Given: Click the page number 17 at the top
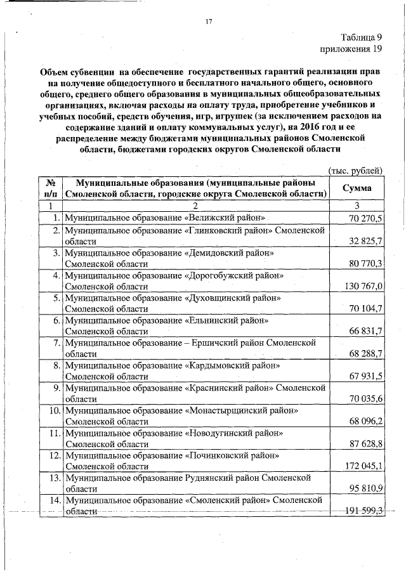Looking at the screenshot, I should [x=207, y=23].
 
